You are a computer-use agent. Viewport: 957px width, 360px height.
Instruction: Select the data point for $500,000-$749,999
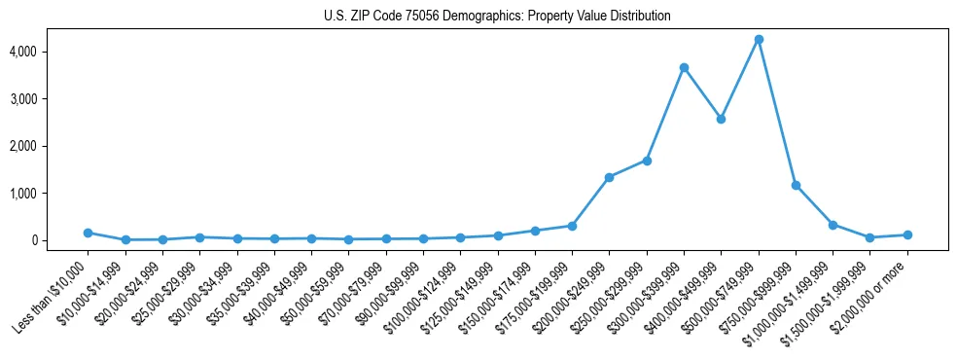click(x=759, y=39)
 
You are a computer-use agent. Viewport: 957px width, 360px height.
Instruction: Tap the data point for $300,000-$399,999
click(x=684, y=67)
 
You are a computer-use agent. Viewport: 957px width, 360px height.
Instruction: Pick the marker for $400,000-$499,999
click(x=721, y=119)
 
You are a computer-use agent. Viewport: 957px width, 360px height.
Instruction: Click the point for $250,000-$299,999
click(x=647, y=161)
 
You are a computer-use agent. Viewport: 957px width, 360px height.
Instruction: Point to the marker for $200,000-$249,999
click(x=609, y=177)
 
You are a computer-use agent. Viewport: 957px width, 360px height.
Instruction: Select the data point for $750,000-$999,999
click(x=796, y=185)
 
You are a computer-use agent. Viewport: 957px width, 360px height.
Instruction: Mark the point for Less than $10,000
click(x=88, y=233)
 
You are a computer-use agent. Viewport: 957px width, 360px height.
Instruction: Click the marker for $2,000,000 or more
click(x=907, y=234)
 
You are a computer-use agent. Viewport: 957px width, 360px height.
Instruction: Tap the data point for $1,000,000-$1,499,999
click(x=833, y=225)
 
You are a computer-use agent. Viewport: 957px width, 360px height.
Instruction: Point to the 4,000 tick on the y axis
click(x=51, y=51)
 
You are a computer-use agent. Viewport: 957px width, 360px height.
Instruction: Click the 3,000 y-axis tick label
click(x=51, y=98)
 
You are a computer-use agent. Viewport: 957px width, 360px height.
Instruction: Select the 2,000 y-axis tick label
click(x=51, y=146)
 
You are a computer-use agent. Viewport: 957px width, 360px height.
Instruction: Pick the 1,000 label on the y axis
click(x=51, y=193)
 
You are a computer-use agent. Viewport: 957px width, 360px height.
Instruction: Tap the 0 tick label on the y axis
click(x=60, y=240)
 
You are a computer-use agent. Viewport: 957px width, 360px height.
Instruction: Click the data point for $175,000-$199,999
click(x=572, y=226)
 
